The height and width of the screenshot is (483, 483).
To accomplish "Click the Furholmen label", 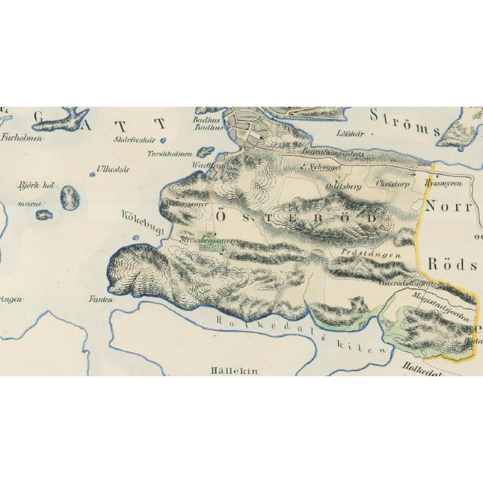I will tap(22, 138).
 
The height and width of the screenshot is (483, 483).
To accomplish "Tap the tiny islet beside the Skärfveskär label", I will tap(163, 141).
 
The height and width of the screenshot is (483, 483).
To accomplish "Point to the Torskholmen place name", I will tap(170, 154).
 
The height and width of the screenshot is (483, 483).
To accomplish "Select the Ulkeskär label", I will tap(113, 170).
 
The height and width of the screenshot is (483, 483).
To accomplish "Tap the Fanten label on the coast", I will tap(100, 299).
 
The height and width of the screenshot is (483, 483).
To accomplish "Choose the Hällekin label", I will tap(234, 371).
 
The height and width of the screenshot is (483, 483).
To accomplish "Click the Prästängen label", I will tap(371, 253).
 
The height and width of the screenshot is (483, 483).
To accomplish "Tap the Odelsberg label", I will tap(343, 186).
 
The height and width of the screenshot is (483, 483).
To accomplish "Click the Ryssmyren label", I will tap(443, 184).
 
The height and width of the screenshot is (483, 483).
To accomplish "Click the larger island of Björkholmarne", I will tap(70, 197).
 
